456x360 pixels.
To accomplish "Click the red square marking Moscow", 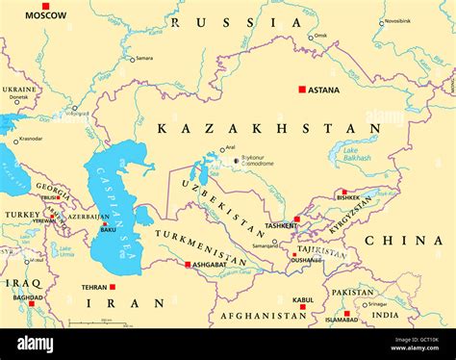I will (x=44, y=7).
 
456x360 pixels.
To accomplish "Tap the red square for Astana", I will (x=301, y=89).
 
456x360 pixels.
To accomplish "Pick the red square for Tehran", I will (x=113, y=286).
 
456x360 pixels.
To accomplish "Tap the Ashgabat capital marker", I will (x=187, y=264).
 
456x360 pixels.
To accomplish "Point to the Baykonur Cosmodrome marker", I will (x=236, y=161).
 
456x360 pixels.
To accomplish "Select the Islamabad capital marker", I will (x=347, y=313).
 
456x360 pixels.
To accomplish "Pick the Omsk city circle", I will (x=311, y=37).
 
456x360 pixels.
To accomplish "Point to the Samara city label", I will (x=144, y=58).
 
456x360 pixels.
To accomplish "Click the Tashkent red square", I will (x=296, y=219).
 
